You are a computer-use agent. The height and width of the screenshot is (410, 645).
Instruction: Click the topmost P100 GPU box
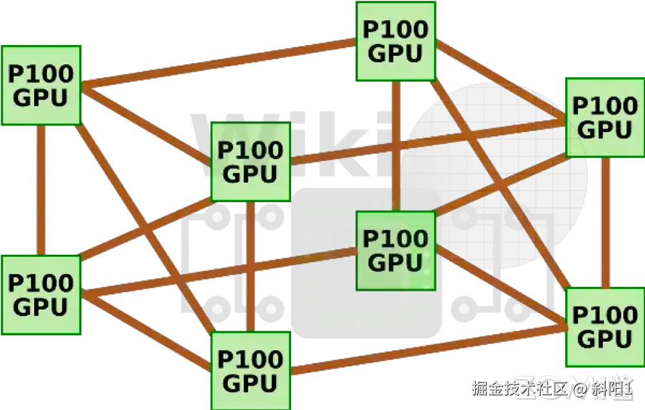tap(396, 41)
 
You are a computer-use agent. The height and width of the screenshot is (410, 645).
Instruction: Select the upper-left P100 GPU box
tap(40, 85)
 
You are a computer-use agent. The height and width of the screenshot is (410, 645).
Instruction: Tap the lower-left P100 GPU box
tap(40, 295)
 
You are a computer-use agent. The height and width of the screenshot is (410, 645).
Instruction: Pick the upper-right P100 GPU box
tap(604, 117)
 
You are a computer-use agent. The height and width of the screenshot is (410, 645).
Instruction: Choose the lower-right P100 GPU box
tap(604, 327)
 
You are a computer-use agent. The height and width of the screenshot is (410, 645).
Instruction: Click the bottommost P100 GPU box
tap(251, 371)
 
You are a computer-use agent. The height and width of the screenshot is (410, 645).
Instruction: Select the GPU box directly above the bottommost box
tap(251, 162)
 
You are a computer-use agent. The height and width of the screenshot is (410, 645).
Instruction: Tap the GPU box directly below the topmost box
tap(396, 250)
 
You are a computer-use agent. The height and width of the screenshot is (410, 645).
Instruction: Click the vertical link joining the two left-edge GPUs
tap(41, 190)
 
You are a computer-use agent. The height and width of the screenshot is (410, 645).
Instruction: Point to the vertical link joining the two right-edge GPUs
tap(605, 223)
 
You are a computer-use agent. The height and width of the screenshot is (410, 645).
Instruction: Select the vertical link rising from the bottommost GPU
tap(251, 266)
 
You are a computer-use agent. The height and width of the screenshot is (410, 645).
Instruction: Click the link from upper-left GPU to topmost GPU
tap(219, 63)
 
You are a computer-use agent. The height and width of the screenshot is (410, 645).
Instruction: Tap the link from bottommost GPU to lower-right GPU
tap(428, 349)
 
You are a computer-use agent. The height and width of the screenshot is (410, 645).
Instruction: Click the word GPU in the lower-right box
tap(604, 339)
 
